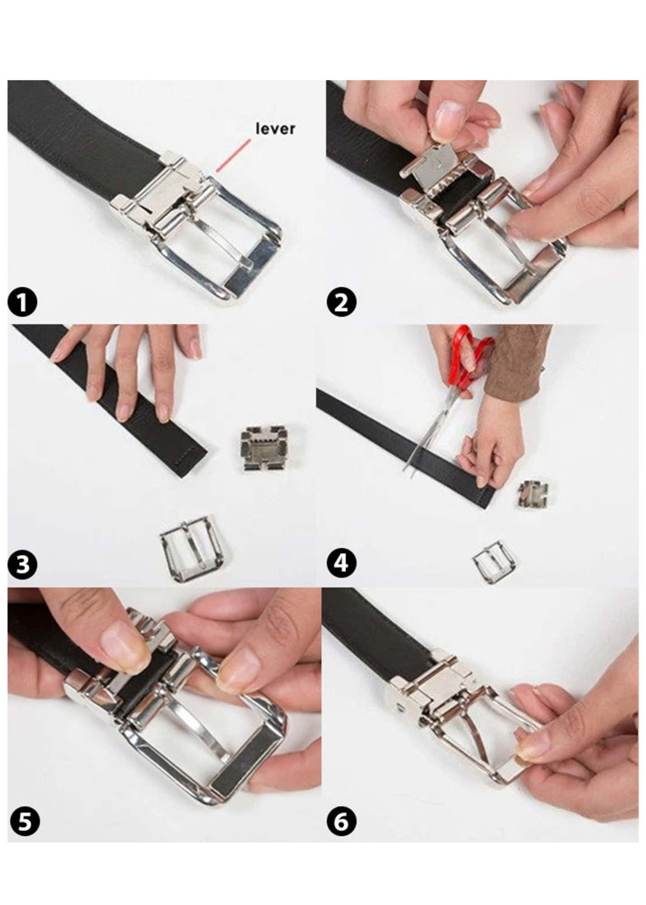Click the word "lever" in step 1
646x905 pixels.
pos(275,129)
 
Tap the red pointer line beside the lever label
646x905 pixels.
pos(233,155)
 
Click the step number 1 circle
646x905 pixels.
pos(23,303)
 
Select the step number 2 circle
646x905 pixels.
pos(341,303)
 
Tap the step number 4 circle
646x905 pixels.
pos(341,564)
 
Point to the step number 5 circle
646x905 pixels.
pos(23,821)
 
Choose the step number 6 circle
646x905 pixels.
pos(341,821)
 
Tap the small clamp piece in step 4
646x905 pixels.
pos(533,495)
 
